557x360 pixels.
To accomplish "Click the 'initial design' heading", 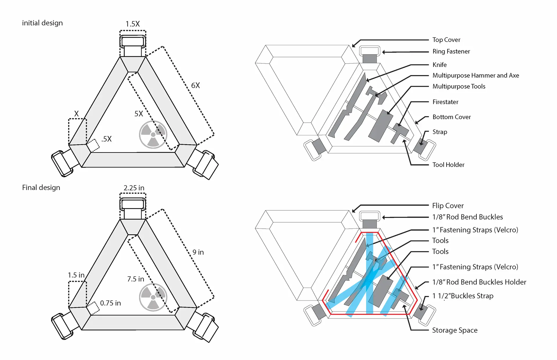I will [x=42, y=23].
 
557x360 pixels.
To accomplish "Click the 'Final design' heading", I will [x=41, y=188].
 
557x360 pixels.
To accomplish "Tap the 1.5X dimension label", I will [x=133, y=24].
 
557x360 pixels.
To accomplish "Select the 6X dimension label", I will [x=196, y=86].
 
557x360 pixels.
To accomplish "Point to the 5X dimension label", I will [x=139, y=114].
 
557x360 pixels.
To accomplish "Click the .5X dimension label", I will [x=106, y=139].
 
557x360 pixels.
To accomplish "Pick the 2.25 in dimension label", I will [x=134, y=188].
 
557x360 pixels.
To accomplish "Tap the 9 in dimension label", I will [x=198, y=252].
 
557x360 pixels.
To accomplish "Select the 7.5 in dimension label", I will [x=135, y=279].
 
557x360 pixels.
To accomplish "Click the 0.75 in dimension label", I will [x=110, y=303].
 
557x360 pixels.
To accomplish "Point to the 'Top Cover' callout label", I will [x=446, y=40].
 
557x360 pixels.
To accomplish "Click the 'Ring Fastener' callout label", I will [x=451, y=51].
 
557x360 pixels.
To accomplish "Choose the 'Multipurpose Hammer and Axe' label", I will [x=475, y=75].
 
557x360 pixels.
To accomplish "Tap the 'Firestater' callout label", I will [x=445, y=102].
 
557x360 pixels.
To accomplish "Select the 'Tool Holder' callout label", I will [x=448, y=165].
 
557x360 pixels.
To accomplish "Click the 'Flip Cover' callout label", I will [x=448, y=206].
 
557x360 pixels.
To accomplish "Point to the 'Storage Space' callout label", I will [x=455, y=330].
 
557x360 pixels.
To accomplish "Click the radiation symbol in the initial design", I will [x=153, y=134].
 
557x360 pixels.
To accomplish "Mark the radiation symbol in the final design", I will [x=153, y=297].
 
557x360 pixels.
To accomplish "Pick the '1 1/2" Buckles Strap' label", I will [x=463, y=296].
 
